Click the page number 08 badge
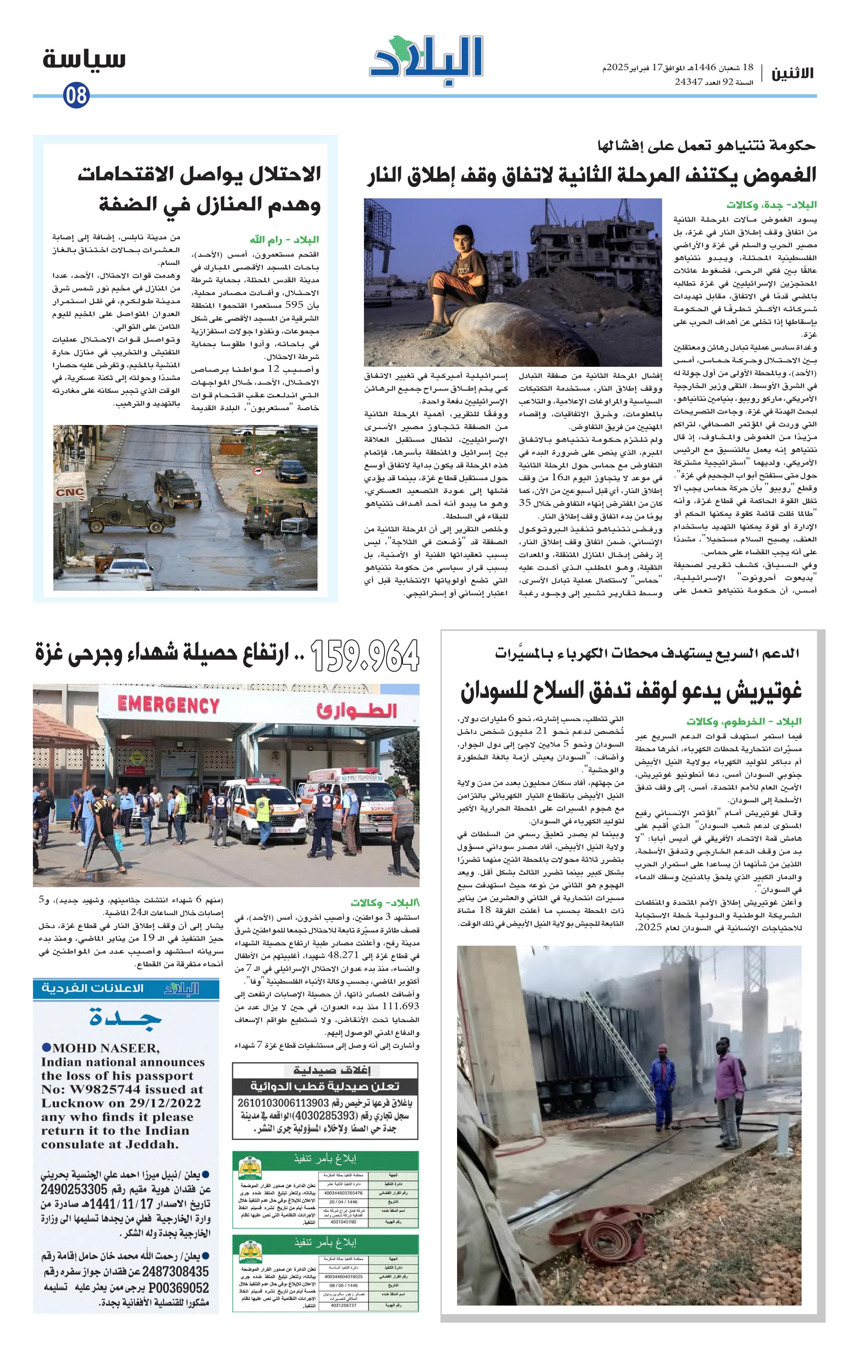[x=76, y=95]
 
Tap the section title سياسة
[x=84, y=59]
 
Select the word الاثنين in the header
[x=793, y=73]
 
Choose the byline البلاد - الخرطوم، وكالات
[x=744, y=721]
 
